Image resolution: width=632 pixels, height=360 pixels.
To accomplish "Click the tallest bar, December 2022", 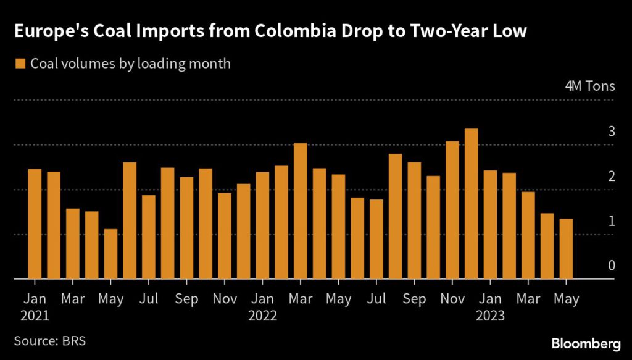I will coord(471,204).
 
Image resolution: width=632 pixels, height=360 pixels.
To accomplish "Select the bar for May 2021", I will coord(111,254).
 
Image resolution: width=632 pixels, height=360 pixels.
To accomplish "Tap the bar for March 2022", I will coord(301,211).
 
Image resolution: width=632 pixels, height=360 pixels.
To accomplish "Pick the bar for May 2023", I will coord(566,249).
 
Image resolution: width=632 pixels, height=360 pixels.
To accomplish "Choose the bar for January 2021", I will coord(35,224).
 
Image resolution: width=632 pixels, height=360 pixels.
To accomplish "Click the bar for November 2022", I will coord(452,210).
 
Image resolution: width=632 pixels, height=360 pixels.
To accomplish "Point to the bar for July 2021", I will coord(149,237).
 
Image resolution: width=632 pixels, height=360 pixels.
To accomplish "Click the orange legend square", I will coord(20,64).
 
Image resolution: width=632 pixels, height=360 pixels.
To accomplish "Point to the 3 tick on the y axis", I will coord(612,131).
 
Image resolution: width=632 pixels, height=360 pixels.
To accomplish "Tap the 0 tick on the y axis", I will coord(612,266).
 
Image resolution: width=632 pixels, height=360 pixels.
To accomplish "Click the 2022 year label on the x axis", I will coord(263,316).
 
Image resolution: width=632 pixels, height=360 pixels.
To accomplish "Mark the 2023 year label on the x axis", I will coord(491,316).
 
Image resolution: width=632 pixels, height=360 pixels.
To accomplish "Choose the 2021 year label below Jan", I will coord(35,316).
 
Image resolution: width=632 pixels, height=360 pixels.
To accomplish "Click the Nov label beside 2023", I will coord(452,299).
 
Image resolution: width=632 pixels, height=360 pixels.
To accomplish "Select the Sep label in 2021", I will coord(187,299).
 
